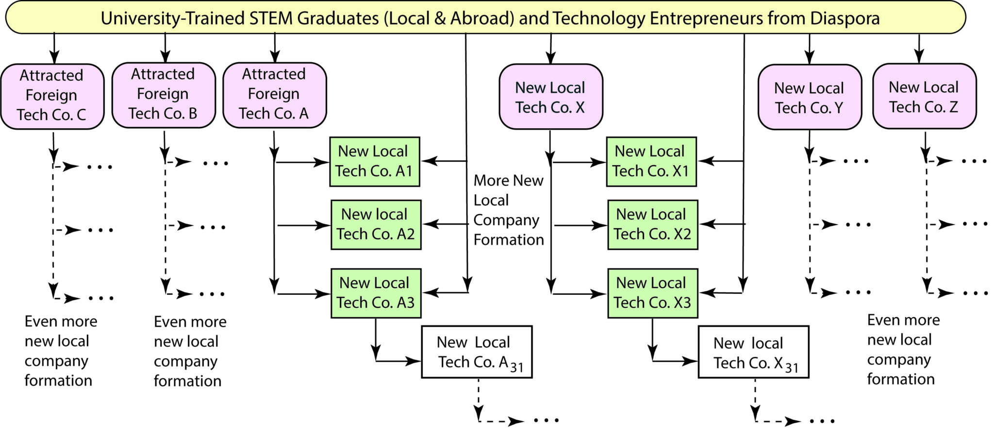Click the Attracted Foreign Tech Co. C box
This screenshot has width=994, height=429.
point(52,96)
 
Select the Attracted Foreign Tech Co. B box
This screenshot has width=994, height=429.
point(164,95)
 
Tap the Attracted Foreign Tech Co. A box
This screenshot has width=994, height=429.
point(275,95)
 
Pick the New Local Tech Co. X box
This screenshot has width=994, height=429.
point(551,96)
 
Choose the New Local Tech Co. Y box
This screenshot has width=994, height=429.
point(810,97)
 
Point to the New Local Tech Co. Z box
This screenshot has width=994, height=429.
point(925,96)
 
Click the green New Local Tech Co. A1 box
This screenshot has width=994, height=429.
point(375,162)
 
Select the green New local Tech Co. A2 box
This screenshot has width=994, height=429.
point(376,225)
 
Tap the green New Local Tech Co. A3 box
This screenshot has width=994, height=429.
point(376,293)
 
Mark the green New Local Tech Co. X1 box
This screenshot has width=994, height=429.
point(651,162)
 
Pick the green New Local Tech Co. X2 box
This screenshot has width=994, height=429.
point(653,225)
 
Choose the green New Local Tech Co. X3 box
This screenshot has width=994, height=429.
point(653,293)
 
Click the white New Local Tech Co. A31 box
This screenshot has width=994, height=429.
point(477,352)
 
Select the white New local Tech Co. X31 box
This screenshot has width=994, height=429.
point(754,352)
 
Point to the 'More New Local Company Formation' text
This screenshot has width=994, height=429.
point(509,210)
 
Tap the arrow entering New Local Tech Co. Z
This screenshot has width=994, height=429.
point(919,48)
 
